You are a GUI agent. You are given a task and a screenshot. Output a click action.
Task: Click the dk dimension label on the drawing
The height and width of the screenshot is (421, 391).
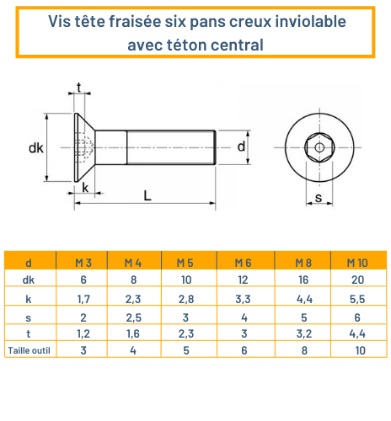pyautogui.click(x=35, y=148)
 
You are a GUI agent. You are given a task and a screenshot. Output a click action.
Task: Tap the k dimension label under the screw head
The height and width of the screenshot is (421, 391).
pyautogui.click(x=85, y=187)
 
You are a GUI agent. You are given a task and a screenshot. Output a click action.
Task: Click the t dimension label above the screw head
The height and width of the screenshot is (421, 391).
pyautogui.click(x=79, y=88)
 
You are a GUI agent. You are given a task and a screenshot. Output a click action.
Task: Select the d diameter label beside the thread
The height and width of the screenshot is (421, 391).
pyautogui.click(x=241, y=147)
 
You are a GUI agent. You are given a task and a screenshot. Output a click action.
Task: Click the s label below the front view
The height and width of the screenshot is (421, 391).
pyautogui.click(x=319, y=199)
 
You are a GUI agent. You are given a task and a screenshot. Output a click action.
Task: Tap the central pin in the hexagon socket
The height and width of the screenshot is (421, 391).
pyautogui.click(x=319, y=148)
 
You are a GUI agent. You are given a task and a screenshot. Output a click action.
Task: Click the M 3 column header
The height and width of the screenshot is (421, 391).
pyautogui.click(x=83, y=263)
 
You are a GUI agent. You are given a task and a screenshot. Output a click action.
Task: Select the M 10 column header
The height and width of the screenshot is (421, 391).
pyautogui.click(x=357, y=263)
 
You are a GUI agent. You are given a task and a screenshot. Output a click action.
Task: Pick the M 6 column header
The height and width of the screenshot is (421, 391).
pyautogui.click(x=244, y=263)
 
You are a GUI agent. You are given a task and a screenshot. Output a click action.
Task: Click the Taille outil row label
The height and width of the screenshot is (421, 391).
pyautogui.click(x=30, y=350)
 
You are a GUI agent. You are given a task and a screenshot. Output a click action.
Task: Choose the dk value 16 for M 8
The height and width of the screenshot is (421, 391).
pyautogui.click(x=302, y=280)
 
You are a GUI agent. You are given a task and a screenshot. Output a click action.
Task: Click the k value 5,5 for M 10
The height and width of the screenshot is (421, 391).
pyautogui.click(x=357, y=298)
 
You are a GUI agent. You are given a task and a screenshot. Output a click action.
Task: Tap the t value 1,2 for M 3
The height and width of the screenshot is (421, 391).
pyautogui.click(x=83, y=333)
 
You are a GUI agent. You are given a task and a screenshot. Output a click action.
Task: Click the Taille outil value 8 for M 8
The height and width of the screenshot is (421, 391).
pyautogui.click(x=302, y=350)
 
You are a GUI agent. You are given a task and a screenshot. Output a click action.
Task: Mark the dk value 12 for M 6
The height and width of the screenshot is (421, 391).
pyautogui.click(x=244, y=280)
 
